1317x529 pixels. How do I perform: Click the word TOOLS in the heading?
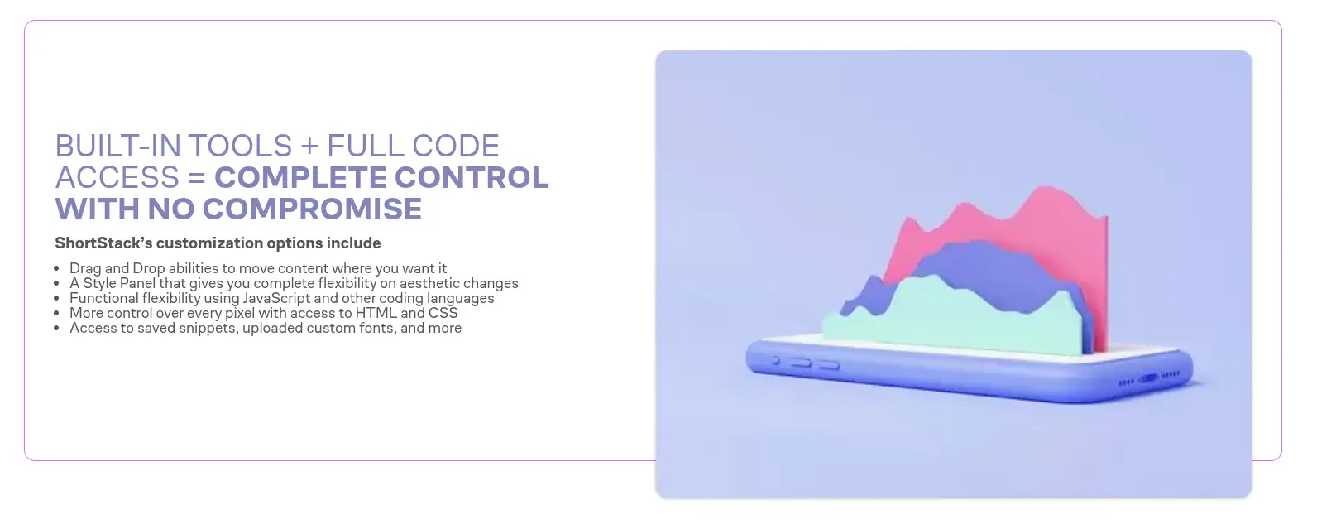pos(240,146)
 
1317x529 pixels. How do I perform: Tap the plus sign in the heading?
pos(309,146)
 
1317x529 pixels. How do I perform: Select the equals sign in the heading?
pos(197,178)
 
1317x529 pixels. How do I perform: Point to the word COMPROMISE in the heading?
pos(312,209)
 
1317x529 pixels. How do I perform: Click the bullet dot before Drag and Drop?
pos(56,269)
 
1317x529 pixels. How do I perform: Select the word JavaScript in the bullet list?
pos(276,298)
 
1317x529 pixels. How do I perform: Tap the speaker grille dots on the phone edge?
pos(1149,378)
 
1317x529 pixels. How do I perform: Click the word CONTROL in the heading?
pos(471,177)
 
